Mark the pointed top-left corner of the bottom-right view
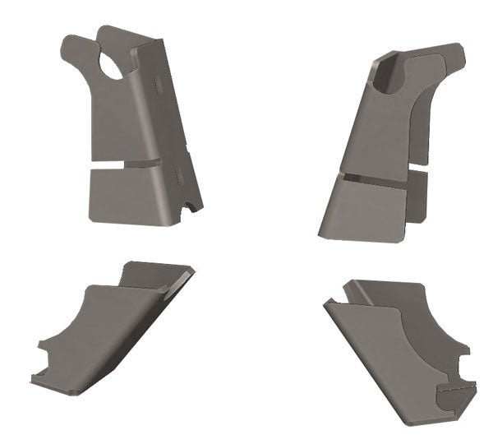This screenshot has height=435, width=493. coord(326,302)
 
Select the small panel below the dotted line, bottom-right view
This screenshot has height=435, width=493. coord(455,399)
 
